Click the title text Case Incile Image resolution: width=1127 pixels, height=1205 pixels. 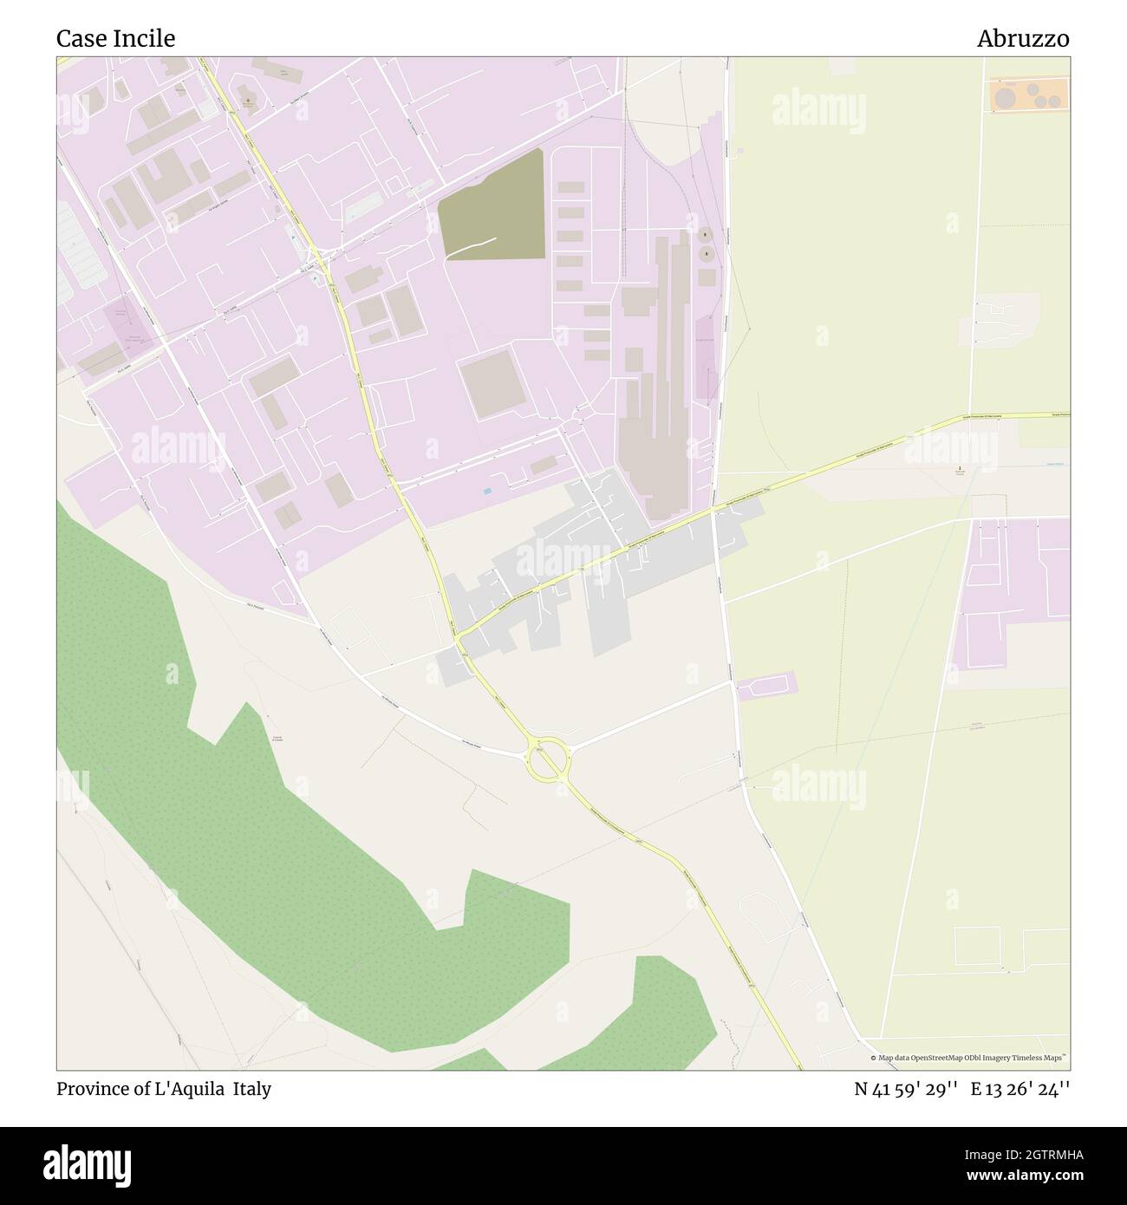pyautogui.click(x=115, y=38)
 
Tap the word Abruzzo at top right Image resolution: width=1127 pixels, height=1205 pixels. pyautogui.click(x=1023, y=38)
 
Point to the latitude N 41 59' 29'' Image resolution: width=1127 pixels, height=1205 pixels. pyautogui.click(x=905, y=1089)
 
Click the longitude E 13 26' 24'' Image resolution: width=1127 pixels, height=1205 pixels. pyautogui.click(x=1020, y=1089)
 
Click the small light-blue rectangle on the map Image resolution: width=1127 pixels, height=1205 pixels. pyautogui.click(x=486, y=492)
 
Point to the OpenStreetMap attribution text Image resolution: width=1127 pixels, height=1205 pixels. pyautogui.click(x=969, y=1058)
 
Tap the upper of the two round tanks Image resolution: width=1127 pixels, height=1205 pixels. pyautogui.click(x=705, y=235)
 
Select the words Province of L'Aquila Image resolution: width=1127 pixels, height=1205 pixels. pyautogui.click(x=140, y=1089)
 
